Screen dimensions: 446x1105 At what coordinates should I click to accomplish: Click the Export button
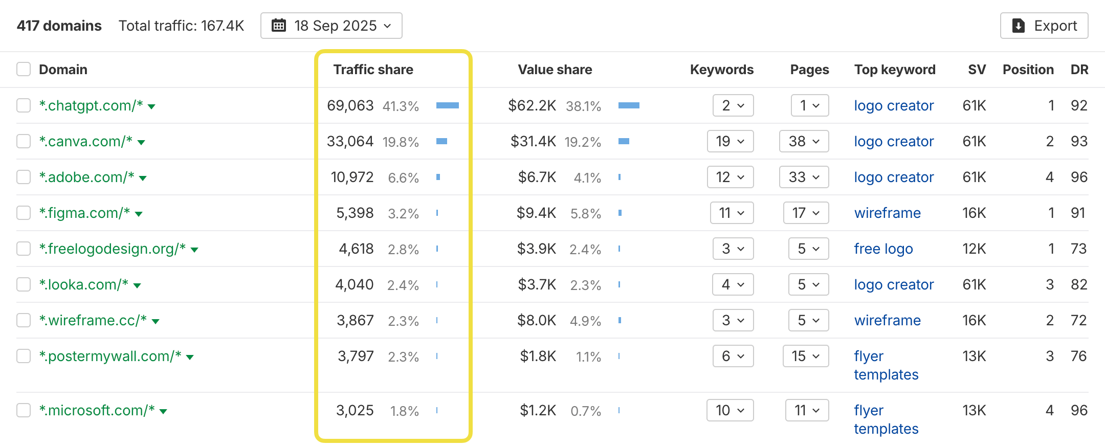pos(1044,26)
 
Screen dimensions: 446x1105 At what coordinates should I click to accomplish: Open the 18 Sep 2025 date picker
pos(331,26)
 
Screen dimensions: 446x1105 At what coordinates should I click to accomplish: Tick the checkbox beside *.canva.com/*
pos(24,141)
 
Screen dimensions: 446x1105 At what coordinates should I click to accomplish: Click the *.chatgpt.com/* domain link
pos(91,105)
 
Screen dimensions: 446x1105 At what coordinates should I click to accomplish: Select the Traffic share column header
pos(373,70)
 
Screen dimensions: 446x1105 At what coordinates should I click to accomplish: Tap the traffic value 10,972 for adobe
pos(352,177)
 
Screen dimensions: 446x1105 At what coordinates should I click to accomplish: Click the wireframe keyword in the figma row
pos(887,213)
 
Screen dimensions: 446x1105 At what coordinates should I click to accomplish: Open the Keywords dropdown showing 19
pos(730,141)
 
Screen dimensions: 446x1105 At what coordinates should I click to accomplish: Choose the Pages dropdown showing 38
pos(804,141)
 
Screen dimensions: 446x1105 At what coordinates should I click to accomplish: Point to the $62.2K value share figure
pos(532,105)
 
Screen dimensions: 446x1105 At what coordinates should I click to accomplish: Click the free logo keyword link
pos(883,249)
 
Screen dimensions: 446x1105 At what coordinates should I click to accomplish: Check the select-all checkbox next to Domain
pos(24,69)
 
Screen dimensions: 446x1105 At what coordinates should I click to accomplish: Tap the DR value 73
pos(1078,249)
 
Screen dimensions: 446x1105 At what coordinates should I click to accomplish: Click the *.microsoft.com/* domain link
pos(97,410)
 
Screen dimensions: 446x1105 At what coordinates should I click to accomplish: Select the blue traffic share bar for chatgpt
pos(447,105)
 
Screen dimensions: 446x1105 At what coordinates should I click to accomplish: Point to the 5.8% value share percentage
pos(585,213)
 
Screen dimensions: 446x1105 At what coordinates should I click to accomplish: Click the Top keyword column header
pos(894,70)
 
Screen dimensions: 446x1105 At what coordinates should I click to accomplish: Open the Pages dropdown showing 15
pos(805,356)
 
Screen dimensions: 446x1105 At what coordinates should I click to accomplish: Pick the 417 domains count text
pos(59,26)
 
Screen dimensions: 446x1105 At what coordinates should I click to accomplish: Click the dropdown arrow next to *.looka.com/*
pos(137,285)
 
